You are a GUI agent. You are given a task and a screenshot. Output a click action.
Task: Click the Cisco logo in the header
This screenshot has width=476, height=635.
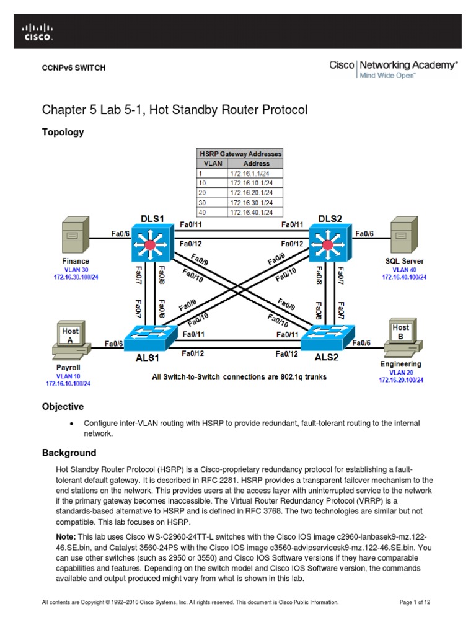[x=38, y=32]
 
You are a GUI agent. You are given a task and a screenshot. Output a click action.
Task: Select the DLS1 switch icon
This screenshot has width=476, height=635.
[x=149, y=243]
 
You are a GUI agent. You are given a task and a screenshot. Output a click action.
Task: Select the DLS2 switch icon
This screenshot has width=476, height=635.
[x=329, y=243]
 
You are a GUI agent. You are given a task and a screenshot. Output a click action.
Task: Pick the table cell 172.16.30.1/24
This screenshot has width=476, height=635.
[x=256, y=202]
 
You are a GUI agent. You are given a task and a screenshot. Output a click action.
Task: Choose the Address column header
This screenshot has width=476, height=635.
[x=257, y=164]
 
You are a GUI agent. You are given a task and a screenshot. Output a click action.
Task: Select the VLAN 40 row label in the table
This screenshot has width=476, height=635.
[x=202, y=212]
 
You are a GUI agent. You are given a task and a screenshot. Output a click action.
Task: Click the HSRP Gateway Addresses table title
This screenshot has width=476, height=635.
[x=240, y=153]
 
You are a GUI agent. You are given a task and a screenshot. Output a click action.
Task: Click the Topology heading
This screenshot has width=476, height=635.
[x=63, y=132]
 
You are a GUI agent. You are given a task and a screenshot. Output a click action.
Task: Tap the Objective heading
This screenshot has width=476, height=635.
[x=63, y=407]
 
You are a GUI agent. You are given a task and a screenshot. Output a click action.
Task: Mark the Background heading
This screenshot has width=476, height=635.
[x=69, y=453]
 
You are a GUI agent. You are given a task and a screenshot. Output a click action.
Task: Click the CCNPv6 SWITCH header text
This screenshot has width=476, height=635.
[x=73, y=68]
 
